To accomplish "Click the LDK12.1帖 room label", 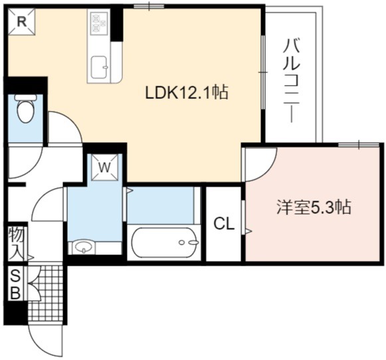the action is click(187, 92).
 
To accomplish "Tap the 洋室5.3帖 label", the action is click(314, 207).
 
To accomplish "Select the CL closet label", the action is click(224, 224).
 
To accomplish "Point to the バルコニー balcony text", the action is click(292, 80).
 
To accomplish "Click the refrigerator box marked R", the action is click(22, 22).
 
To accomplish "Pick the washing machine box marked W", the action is click(104, 167).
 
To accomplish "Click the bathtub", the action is click(164, 242).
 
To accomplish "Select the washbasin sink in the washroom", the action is click(83, 247).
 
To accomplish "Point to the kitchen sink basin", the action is click(99, 66).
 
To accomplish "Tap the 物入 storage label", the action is click(16, 243).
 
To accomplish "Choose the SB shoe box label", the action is click(15, 284).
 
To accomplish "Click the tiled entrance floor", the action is click(46, 293).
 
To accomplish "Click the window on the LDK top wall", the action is click(149, 6).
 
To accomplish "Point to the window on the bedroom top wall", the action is click(359, 145).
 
